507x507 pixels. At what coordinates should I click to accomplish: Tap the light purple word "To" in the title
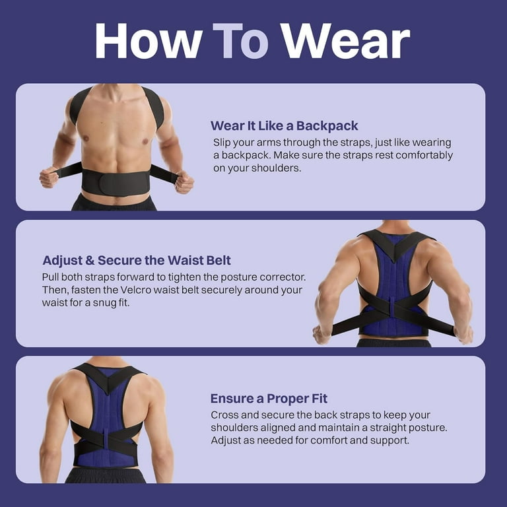coord(240,41)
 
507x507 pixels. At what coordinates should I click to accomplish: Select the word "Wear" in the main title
coord(345,41)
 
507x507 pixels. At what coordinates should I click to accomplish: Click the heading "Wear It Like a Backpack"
coord(285,126)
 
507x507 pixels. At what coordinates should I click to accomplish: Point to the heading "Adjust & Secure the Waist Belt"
coord(137,261)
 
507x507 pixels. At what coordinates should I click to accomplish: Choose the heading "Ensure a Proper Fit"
coord(269,399)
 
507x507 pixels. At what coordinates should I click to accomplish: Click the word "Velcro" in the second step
coord(136,290)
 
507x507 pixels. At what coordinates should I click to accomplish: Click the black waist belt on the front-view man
coord(116,183)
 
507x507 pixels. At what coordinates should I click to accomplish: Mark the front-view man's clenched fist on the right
coord(184,182)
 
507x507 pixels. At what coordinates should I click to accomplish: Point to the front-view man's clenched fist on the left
coord(49,177)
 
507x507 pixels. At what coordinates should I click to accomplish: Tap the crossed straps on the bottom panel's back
coord(106,438)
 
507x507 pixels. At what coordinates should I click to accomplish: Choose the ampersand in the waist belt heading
coord(90,261)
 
